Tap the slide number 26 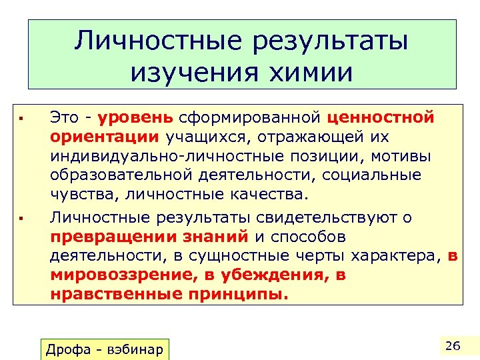453,344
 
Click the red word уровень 135,119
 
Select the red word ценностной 381,119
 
